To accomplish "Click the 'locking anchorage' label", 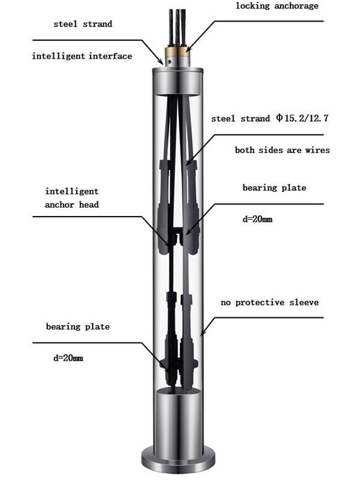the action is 277,6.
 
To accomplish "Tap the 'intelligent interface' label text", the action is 82,56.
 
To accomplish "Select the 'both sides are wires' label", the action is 282,150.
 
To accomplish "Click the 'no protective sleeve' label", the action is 269,302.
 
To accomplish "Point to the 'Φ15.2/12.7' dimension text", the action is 302,118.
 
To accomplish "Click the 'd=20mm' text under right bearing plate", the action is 257,219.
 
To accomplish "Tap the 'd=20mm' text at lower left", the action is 68,358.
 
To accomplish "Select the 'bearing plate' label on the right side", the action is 274,188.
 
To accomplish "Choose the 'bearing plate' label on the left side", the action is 78,326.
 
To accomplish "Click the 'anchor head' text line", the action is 71,205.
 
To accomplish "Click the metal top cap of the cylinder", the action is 178,81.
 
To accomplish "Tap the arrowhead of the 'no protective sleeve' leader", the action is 203,332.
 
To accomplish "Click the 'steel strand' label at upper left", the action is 83,24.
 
